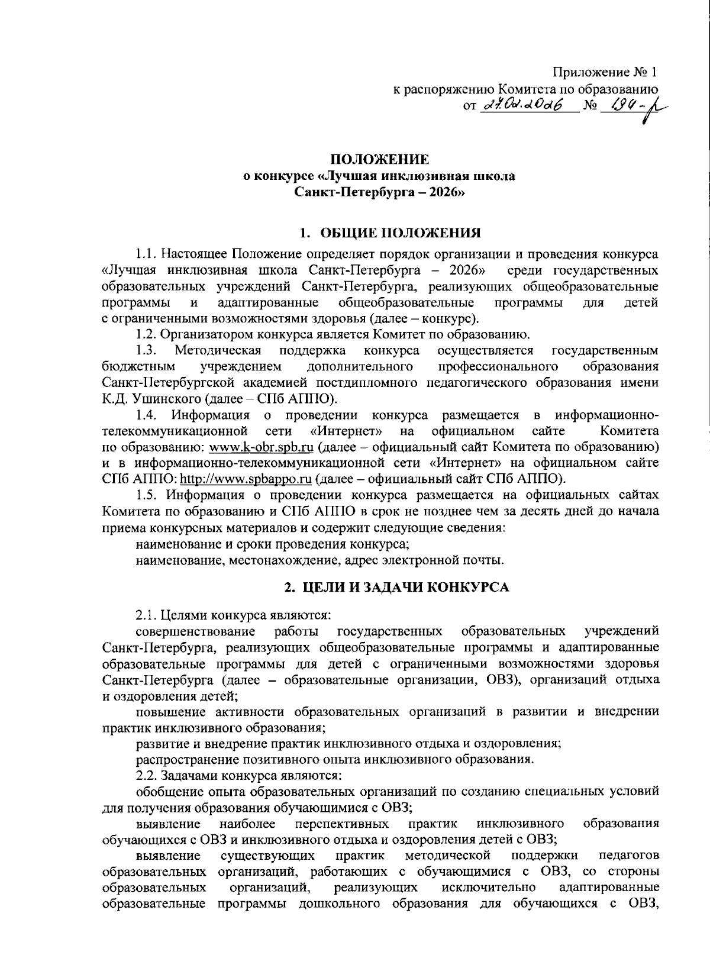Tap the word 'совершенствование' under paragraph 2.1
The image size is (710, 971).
coord(195,630)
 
